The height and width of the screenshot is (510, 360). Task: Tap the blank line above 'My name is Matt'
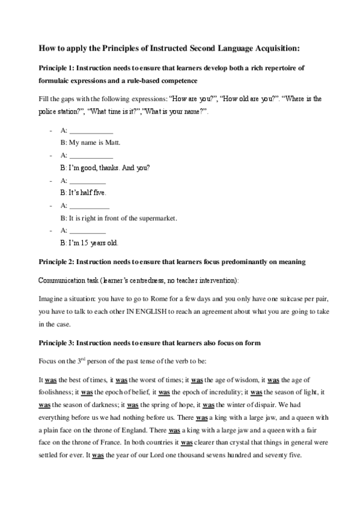pos(91,130)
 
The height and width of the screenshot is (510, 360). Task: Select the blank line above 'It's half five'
pos(88,180)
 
